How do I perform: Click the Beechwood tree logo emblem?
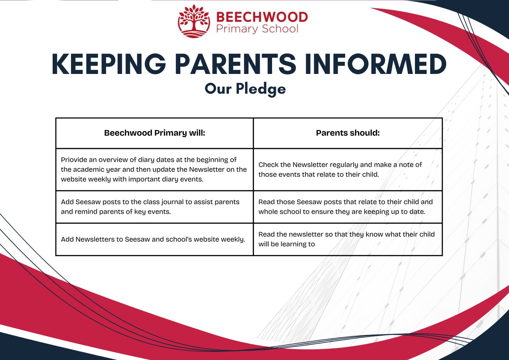click(194, 21)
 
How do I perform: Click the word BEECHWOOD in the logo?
click(262, 17)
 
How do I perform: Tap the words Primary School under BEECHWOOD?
click(257, 29)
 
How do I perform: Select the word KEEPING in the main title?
click(109, 64)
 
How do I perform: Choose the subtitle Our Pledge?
click(245, 89)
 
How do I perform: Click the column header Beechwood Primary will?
click(154, 133)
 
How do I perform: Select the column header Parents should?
click(348, 133)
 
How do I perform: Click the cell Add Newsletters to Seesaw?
click(153, 239)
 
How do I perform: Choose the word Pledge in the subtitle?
click(261, 89)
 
